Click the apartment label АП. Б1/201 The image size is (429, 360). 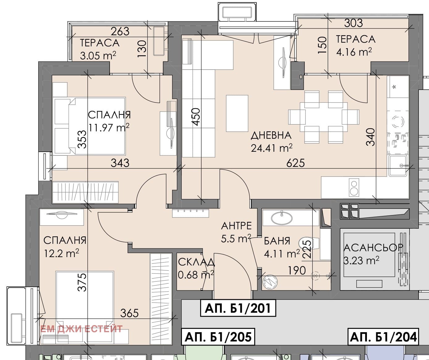click(x=238, y=308)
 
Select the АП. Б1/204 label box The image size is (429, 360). click(x=383, y=337)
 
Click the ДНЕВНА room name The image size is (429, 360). click(x=271, y=135)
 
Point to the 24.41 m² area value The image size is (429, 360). click(x=271, y=148)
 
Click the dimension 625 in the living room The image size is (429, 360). click(x=295, y=163)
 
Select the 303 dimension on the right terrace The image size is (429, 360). click(x=353, y=23)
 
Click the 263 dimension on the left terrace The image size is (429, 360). click(x=120, y=32)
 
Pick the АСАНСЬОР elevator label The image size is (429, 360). click(x=373, y=248)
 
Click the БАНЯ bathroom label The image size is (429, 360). click(x=277, y=241)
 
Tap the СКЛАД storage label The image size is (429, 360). click(x=196, y=262)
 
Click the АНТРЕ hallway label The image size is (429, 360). click(x=236, y=226)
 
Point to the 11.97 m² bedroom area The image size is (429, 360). click(x=109, y=127)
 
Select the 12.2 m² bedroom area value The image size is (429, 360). click(x=61, y=253)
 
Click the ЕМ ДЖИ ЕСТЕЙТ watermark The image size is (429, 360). click(x=82, y=329)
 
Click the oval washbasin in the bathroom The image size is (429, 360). click(x=281, y=218)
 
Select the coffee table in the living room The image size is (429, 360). click(x=237, y=113)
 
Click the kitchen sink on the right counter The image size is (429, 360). click(x=398, y=165)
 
